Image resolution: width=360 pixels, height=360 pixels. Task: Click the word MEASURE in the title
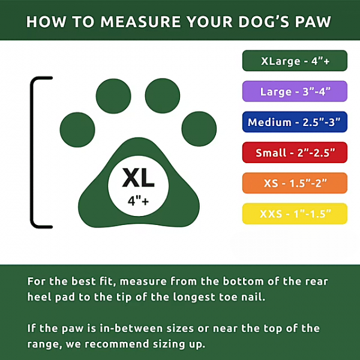coord(140,22)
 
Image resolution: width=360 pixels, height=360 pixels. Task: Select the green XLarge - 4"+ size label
coord(295,61)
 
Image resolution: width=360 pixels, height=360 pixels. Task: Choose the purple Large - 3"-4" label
coord(295,91)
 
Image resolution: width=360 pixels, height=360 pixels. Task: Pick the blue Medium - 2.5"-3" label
coord(295,122)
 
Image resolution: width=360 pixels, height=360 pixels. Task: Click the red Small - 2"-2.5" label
coord(295,152)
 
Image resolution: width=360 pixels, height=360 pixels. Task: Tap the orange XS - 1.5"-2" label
coord(295,183)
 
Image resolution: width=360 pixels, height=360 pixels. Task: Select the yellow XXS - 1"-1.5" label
coord(295,214)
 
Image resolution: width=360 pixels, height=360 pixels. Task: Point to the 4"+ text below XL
coord(138,202)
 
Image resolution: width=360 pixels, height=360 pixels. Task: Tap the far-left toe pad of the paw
coord(77,130)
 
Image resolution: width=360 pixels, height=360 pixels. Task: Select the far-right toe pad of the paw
coord(199,129)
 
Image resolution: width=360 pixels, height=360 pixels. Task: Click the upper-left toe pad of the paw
coord(113,96)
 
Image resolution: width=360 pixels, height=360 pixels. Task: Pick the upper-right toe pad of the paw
coord(163,96)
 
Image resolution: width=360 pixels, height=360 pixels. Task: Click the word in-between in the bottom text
coord(131,328)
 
